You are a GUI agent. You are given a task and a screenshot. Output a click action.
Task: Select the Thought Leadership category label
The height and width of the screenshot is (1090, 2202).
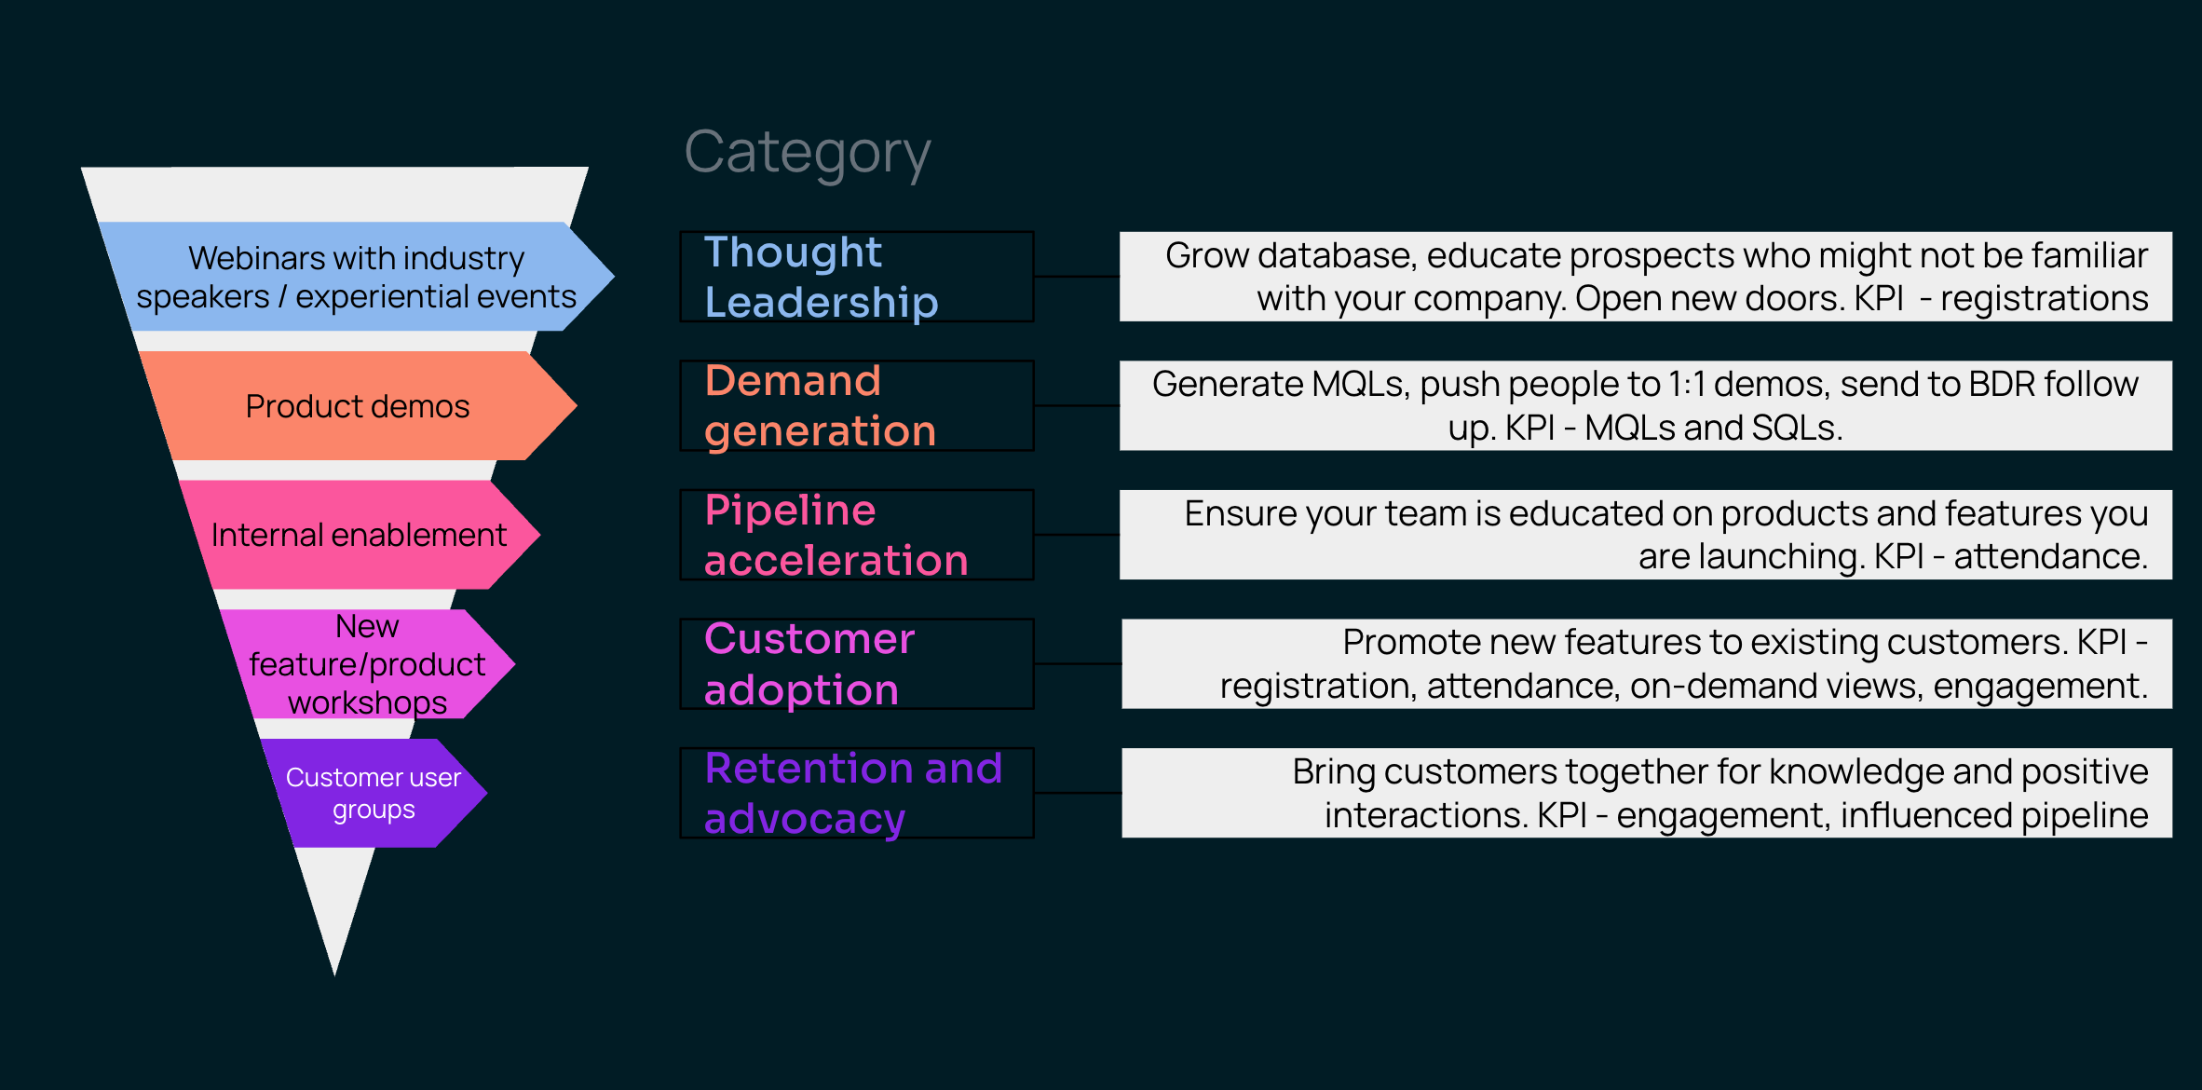[x=821, y=277]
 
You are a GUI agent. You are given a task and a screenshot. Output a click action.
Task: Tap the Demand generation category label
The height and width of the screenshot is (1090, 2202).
[x=820, y=405]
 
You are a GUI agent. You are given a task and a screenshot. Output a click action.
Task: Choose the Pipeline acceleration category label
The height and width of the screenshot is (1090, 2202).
[x=836, y=535]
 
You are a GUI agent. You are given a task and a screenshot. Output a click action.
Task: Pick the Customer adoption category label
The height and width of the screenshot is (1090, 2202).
[x=809, y=664]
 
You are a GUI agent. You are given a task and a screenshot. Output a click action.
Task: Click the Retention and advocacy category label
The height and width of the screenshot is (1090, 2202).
[x=853, y=793]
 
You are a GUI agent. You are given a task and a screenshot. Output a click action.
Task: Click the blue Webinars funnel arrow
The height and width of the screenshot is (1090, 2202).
[x=357, y=277]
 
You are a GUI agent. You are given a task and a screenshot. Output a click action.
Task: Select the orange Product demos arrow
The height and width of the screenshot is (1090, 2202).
[x=359, y=405]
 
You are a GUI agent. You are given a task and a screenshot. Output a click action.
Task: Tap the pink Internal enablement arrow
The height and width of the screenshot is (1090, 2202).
[x=360, y=535]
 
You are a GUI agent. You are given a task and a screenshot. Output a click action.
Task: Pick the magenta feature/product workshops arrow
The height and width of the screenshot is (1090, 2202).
[x=368, y=664]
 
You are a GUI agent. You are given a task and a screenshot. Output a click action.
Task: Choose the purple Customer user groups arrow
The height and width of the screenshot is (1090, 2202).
[x=374, y=793]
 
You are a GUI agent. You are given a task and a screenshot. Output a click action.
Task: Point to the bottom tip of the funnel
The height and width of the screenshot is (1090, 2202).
[x=334, y=975]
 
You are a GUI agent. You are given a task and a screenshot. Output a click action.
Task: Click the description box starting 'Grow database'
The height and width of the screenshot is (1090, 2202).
[x=1646, y=277]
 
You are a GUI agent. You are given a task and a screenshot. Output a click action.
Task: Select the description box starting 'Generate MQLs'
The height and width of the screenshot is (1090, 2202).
[x=1646, y=405]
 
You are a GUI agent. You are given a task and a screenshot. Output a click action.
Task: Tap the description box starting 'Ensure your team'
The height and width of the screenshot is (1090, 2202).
[x=1646, y=535]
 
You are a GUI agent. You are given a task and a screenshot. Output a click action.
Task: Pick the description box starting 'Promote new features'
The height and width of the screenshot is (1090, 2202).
[x=1647, y=664]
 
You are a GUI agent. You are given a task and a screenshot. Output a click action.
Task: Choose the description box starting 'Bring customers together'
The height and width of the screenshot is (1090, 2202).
[x=1647, y=793]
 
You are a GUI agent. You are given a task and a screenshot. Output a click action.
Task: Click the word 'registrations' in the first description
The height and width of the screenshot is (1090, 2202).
[x=2044, y=299]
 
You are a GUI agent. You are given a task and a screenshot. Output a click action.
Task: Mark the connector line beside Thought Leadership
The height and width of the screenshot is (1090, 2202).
[x=1077, y=277]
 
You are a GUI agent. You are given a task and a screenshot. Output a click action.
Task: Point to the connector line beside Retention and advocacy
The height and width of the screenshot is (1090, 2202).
[x=1078, y=793]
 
